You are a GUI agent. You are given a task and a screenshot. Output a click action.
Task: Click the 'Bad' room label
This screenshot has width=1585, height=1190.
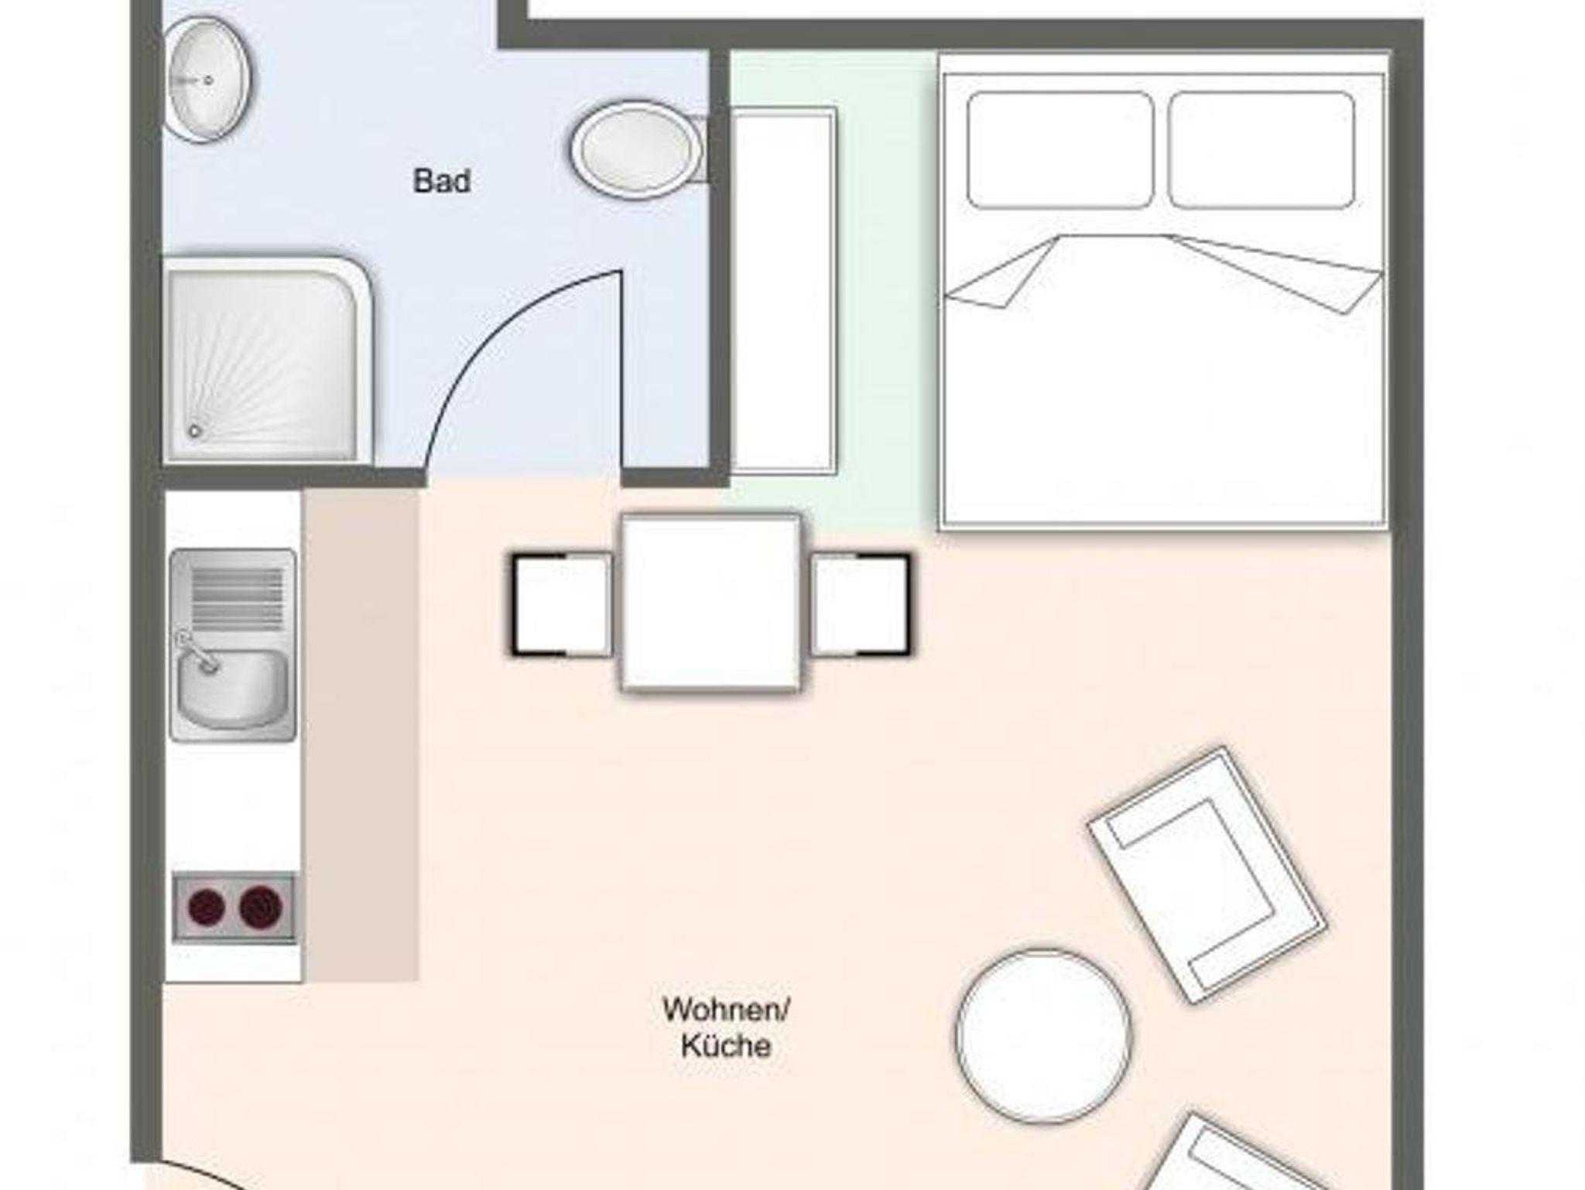442,182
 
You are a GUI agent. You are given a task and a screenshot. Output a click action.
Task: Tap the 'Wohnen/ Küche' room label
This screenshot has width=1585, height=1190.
726,1028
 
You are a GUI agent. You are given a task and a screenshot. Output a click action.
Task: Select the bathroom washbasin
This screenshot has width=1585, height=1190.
209,80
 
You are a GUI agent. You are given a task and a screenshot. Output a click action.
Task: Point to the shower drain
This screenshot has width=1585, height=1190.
195,431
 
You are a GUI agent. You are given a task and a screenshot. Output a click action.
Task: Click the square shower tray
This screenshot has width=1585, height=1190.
268,360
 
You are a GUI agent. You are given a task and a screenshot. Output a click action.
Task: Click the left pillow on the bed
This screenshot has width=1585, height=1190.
1060,150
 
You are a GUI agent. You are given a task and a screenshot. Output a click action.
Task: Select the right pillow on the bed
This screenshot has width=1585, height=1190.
1261,150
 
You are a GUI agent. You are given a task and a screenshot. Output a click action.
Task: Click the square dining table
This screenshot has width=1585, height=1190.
711,603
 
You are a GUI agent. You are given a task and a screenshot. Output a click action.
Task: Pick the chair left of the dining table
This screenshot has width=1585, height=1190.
562,605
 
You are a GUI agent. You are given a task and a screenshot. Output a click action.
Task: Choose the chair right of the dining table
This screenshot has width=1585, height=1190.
861,605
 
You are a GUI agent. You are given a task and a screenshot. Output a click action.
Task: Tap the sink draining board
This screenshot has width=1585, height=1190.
237,599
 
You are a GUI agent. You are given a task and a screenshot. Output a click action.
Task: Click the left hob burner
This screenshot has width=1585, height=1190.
207,907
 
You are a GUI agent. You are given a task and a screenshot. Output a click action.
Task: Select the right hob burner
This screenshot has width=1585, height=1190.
261,907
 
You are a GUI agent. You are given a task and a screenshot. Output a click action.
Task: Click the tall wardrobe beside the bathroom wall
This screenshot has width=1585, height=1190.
783,290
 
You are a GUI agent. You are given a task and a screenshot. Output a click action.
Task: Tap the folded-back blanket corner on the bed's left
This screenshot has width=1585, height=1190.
1002,272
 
